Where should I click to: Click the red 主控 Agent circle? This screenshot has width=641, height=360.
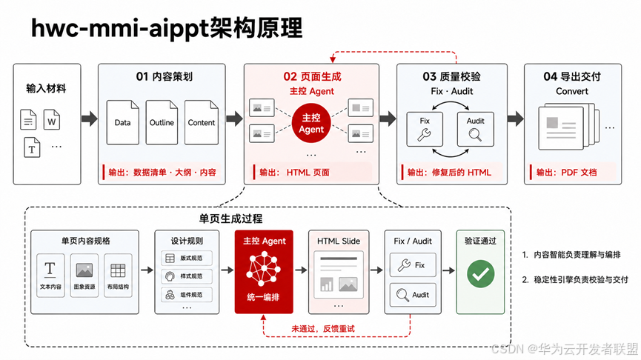(x=311, y=124)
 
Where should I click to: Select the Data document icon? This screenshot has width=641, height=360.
(x=122, y=122)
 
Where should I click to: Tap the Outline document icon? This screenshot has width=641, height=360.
(x=162, y=122)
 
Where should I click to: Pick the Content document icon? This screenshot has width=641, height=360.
(x=201, y=122)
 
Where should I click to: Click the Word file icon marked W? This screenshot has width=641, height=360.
(x=52, y=119)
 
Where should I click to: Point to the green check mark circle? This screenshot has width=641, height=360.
(x=481, y=274)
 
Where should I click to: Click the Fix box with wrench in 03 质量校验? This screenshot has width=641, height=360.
(x=425, y=129)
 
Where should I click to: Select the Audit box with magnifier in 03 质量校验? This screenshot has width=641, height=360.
(x=476, y=129)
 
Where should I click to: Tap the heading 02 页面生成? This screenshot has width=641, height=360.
(x=312, y=76)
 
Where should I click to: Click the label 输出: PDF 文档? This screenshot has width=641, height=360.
(x=567, y=173)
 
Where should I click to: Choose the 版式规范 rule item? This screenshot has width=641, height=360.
(x=187, y=259)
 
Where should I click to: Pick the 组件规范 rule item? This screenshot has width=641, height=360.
(x=187, y=295)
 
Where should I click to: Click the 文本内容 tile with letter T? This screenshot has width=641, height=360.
(x=50, y=275)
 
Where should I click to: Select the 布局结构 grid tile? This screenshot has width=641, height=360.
(x=118, y=275)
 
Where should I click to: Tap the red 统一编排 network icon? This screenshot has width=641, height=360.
(x=264, y=268)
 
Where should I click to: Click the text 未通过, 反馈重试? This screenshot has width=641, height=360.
(x=323, y=329)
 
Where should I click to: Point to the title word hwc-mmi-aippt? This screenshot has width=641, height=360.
(x=120, y=29)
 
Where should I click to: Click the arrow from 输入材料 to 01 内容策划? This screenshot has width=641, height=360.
(x=90, y=119)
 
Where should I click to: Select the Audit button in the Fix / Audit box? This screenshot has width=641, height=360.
(x=413, y=295)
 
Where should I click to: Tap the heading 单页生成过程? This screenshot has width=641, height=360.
(x=230, y=219)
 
